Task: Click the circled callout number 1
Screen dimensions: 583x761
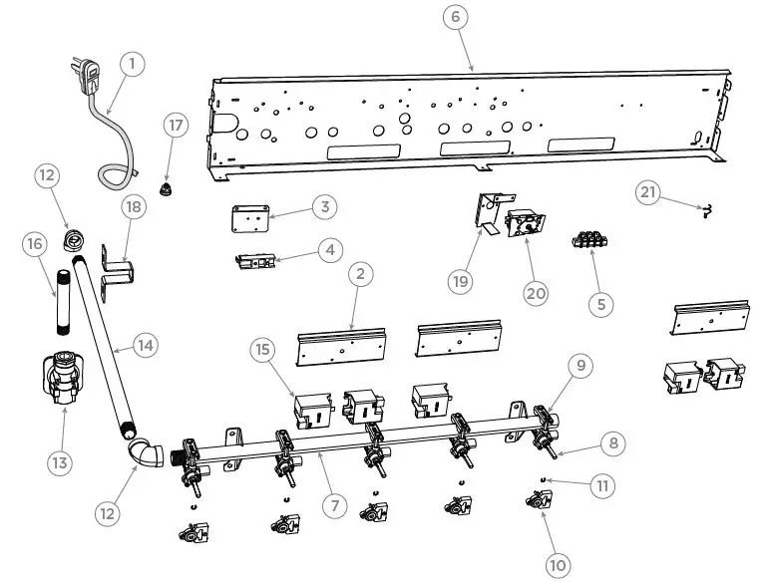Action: point(132,63)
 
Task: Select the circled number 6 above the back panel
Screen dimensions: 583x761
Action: point(455,19)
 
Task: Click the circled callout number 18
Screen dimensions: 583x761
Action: point(134,206)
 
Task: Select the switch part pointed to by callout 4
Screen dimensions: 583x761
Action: point(256,262)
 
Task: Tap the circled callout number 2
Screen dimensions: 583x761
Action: point(360,272)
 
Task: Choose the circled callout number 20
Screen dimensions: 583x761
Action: point(537,292)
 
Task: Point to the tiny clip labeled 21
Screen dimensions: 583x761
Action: point(706,208)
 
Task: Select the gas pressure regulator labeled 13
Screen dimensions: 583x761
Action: point(61,380)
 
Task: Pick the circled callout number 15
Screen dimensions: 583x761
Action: point(261,352)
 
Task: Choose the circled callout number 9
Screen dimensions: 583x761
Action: point(582,366)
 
